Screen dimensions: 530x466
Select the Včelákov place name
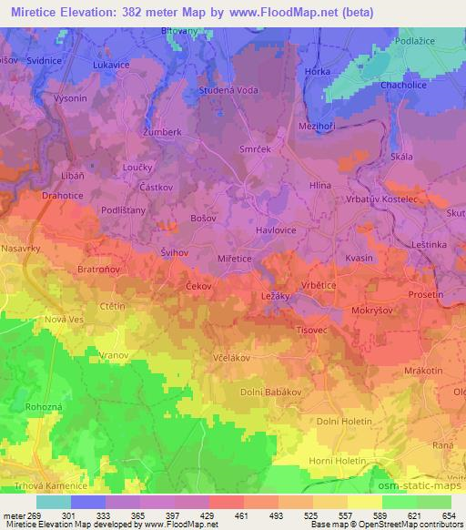(x=231, y=358)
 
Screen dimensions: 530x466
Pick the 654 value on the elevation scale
(x=449, y=515)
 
